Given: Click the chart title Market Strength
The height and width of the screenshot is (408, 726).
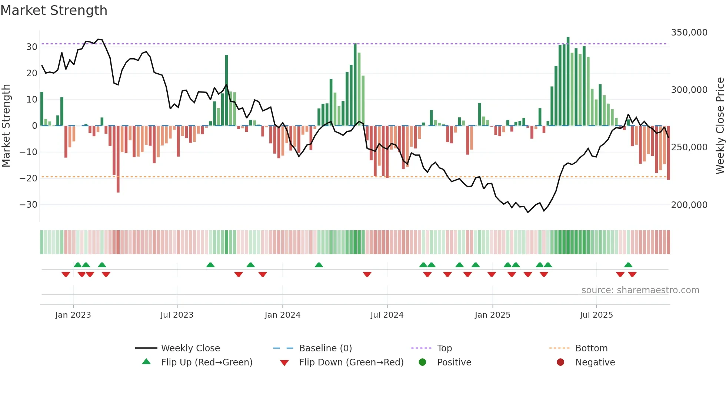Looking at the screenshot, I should pyautogui.click(x=54, y=10).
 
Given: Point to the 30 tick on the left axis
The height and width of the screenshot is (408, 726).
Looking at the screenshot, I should pyautogui.click(x=31, y=47).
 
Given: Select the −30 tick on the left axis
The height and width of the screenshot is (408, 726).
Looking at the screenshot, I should pyautogui.click(x=29, y=205).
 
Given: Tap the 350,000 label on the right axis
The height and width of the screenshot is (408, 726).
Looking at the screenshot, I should pyautogui.click(x=689, y=33).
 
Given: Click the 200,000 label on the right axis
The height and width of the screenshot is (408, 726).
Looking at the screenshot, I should pyautogui.click(x=689, y=205).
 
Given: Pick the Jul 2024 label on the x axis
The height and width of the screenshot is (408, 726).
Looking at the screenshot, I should pyautogui.click(x=387, y=315).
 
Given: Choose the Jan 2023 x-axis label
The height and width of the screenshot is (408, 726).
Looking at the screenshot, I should pyautogui.click(x=73, y=315).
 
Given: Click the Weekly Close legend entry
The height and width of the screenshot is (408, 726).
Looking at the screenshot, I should pyautogui.click(x=190, y=348).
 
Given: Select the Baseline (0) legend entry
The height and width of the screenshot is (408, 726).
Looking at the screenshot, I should pyautogui.click(x=325, y=348).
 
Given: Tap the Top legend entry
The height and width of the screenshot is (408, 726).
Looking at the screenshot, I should pyautogui.click(x=444, y=348).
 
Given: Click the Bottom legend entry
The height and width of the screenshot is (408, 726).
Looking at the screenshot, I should pyautogui.click(x=591, y=348).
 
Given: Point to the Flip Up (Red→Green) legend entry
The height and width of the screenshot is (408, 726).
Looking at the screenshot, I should pyautogui.click(x=206, y=362).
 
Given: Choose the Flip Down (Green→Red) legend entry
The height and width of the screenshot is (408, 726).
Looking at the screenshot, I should pyautogui.click(x=351, y=362).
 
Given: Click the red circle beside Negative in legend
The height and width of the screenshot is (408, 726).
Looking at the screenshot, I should pyautogui.click(x=560, y=362).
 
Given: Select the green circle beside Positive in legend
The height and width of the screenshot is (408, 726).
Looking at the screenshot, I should pyautogui.click(x=422, y=362).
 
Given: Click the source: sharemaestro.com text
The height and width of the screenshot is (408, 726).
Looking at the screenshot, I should pyautogui.click(x=640, y=290).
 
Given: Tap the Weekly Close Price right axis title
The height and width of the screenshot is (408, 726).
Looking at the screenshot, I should pyautogui.click(x=720, y=126).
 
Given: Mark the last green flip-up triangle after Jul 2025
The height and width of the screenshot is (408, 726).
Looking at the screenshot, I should pyautogui.click(x=628, y=265).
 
